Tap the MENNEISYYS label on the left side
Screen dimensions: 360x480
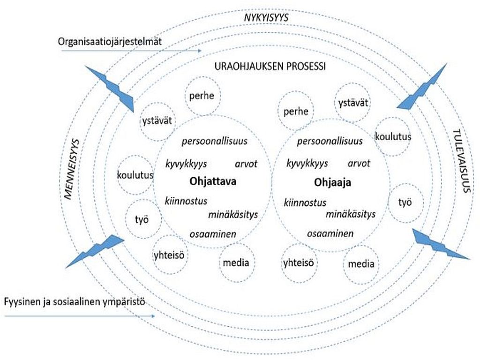click(72, 168)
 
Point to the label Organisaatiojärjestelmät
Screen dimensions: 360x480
click(110, 42)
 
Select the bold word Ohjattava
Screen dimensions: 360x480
click(213, 181)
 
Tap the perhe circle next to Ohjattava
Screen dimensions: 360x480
click(202, 97)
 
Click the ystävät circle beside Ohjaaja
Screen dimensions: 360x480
click(353, 103)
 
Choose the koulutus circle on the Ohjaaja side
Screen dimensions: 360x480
click(393, 137)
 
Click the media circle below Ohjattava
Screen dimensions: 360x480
click(236, 262)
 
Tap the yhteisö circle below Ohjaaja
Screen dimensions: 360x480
click(298, 262)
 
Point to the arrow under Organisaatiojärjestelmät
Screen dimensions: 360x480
click(132, 51)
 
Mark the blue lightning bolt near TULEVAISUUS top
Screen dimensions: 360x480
click(421, 88)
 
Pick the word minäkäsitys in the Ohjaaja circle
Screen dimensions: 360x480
click(351, 214)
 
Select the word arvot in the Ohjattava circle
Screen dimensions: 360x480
click(246, 164)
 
